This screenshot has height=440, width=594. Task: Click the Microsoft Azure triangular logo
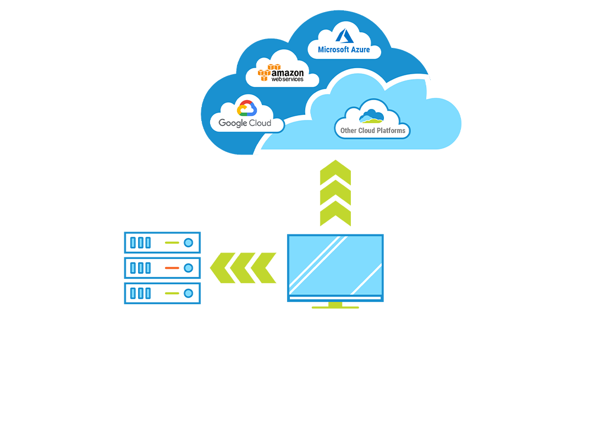344,36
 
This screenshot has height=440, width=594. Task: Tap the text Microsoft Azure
344,50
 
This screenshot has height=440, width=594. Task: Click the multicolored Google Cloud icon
244,108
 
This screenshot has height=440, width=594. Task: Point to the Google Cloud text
245,123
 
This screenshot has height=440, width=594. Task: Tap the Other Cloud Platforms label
372,130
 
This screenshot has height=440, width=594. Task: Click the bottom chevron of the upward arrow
335,213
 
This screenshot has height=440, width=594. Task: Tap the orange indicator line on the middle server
172,268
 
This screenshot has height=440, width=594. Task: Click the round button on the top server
189,243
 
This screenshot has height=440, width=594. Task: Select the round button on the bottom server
189,293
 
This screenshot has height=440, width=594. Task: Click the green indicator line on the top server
172,243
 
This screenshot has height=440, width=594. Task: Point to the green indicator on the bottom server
172,293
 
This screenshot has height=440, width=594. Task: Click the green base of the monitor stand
335,306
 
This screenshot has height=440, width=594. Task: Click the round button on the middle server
189,268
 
